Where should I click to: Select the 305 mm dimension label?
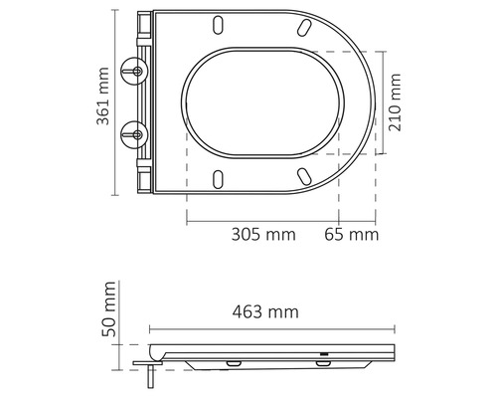tap(262, 235)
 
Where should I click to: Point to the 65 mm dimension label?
tap(352, 235)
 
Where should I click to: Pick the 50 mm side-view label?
tap(111, 309)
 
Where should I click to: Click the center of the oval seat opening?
tap(263, 101)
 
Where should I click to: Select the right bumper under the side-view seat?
tap(325, 364)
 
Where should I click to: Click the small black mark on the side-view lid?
tap(323, 352)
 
